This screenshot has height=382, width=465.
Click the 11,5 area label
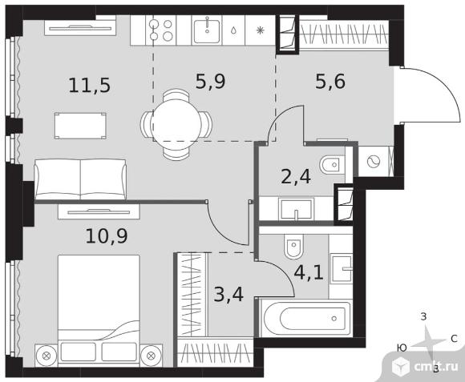89,85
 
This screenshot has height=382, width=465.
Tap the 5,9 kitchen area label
210,82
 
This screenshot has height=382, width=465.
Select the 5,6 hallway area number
330,82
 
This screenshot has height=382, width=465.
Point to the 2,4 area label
296,177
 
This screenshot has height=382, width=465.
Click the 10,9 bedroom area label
107,236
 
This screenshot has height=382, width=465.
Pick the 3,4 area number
228,295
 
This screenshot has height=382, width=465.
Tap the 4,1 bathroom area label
309,272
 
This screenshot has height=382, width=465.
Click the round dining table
176,124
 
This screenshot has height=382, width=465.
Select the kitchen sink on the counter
207,30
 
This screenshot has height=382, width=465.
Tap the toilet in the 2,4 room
332,165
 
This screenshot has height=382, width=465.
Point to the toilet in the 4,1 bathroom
294,247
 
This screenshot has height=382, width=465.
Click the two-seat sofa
80,179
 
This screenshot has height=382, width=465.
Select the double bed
99,309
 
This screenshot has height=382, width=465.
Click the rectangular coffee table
80,126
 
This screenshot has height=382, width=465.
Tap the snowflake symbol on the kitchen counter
260,30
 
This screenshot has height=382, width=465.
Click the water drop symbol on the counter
233,30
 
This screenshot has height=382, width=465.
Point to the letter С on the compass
454,339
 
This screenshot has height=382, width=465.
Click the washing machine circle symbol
374,162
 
